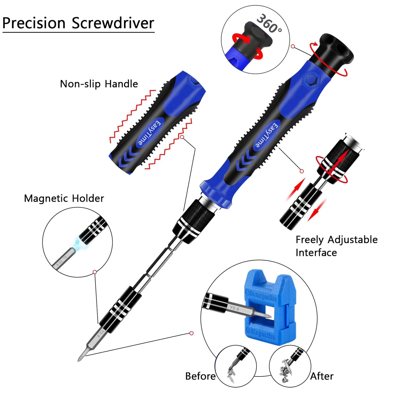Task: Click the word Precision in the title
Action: pyautogui.click(x=34, y=23)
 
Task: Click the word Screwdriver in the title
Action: pyautogui.click(x=113, y=23)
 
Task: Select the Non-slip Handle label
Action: pyautogui.click(x=99, y=84)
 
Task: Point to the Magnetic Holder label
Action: pyautogui.click(x=64, y=198)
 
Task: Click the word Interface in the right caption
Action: pyautogui.click(x=316, y=253)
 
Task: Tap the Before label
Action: pyautogui.click(x=200, y=376)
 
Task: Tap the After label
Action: pyautogui.click(x=322, y=376)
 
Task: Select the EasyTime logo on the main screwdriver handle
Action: pyautogui.click(x=266, y=135)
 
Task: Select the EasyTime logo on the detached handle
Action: pyautogui.click(x=149, y=133)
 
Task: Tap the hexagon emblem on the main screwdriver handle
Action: pyautogui.click(x=311, y=79)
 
